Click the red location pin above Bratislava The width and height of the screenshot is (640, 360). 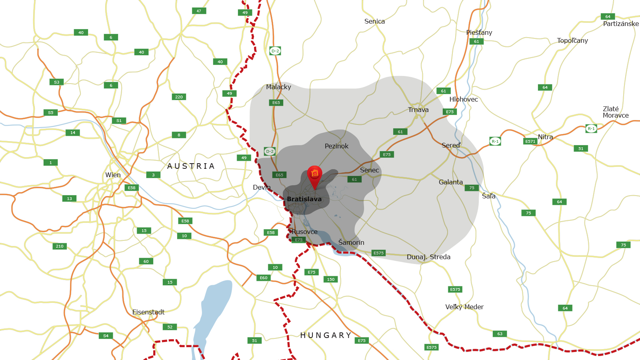coord(314,174)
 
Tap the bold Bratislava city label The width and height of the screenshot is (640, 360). coord(304,199)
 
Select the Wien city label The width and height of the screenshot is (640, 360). coord(113,175)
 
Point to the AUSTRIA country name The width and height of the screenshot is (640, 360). coord(191,166)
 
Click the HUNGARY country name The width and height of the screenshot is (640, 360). coord(326,335)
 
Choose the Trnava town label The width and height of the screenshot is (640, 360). coord(418,110)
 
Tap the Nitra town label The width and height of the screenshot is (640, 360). coord(545,137)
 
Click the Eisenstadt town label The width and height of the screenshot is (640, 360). coord(148,312)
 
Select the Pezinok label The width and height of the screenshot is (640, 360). coord(336,146)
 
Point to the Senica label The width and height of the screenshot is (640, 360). coord(374,21)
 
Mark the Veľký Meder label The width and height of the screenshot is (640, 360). coord(464,307)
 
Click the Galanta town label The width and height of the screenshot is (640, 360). coord(450,182)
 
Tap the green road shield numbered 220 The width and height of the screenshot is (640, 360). coord(179,97)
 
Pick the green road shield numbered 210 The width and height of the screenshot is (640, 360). coord(60,246)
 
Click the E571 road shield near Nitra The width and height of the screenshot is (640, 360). coord(530,141)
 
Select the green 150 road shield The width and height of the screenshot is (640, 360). coord(330,279)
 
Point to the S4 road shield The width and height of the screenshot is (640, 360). coord(106,336)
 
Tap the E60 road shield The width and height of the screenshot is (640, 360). coord(263,278)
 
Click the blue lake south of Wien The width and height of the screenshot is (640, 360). coord(212,312)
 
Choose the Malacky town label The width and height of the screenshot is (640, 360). coord(278,87)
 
